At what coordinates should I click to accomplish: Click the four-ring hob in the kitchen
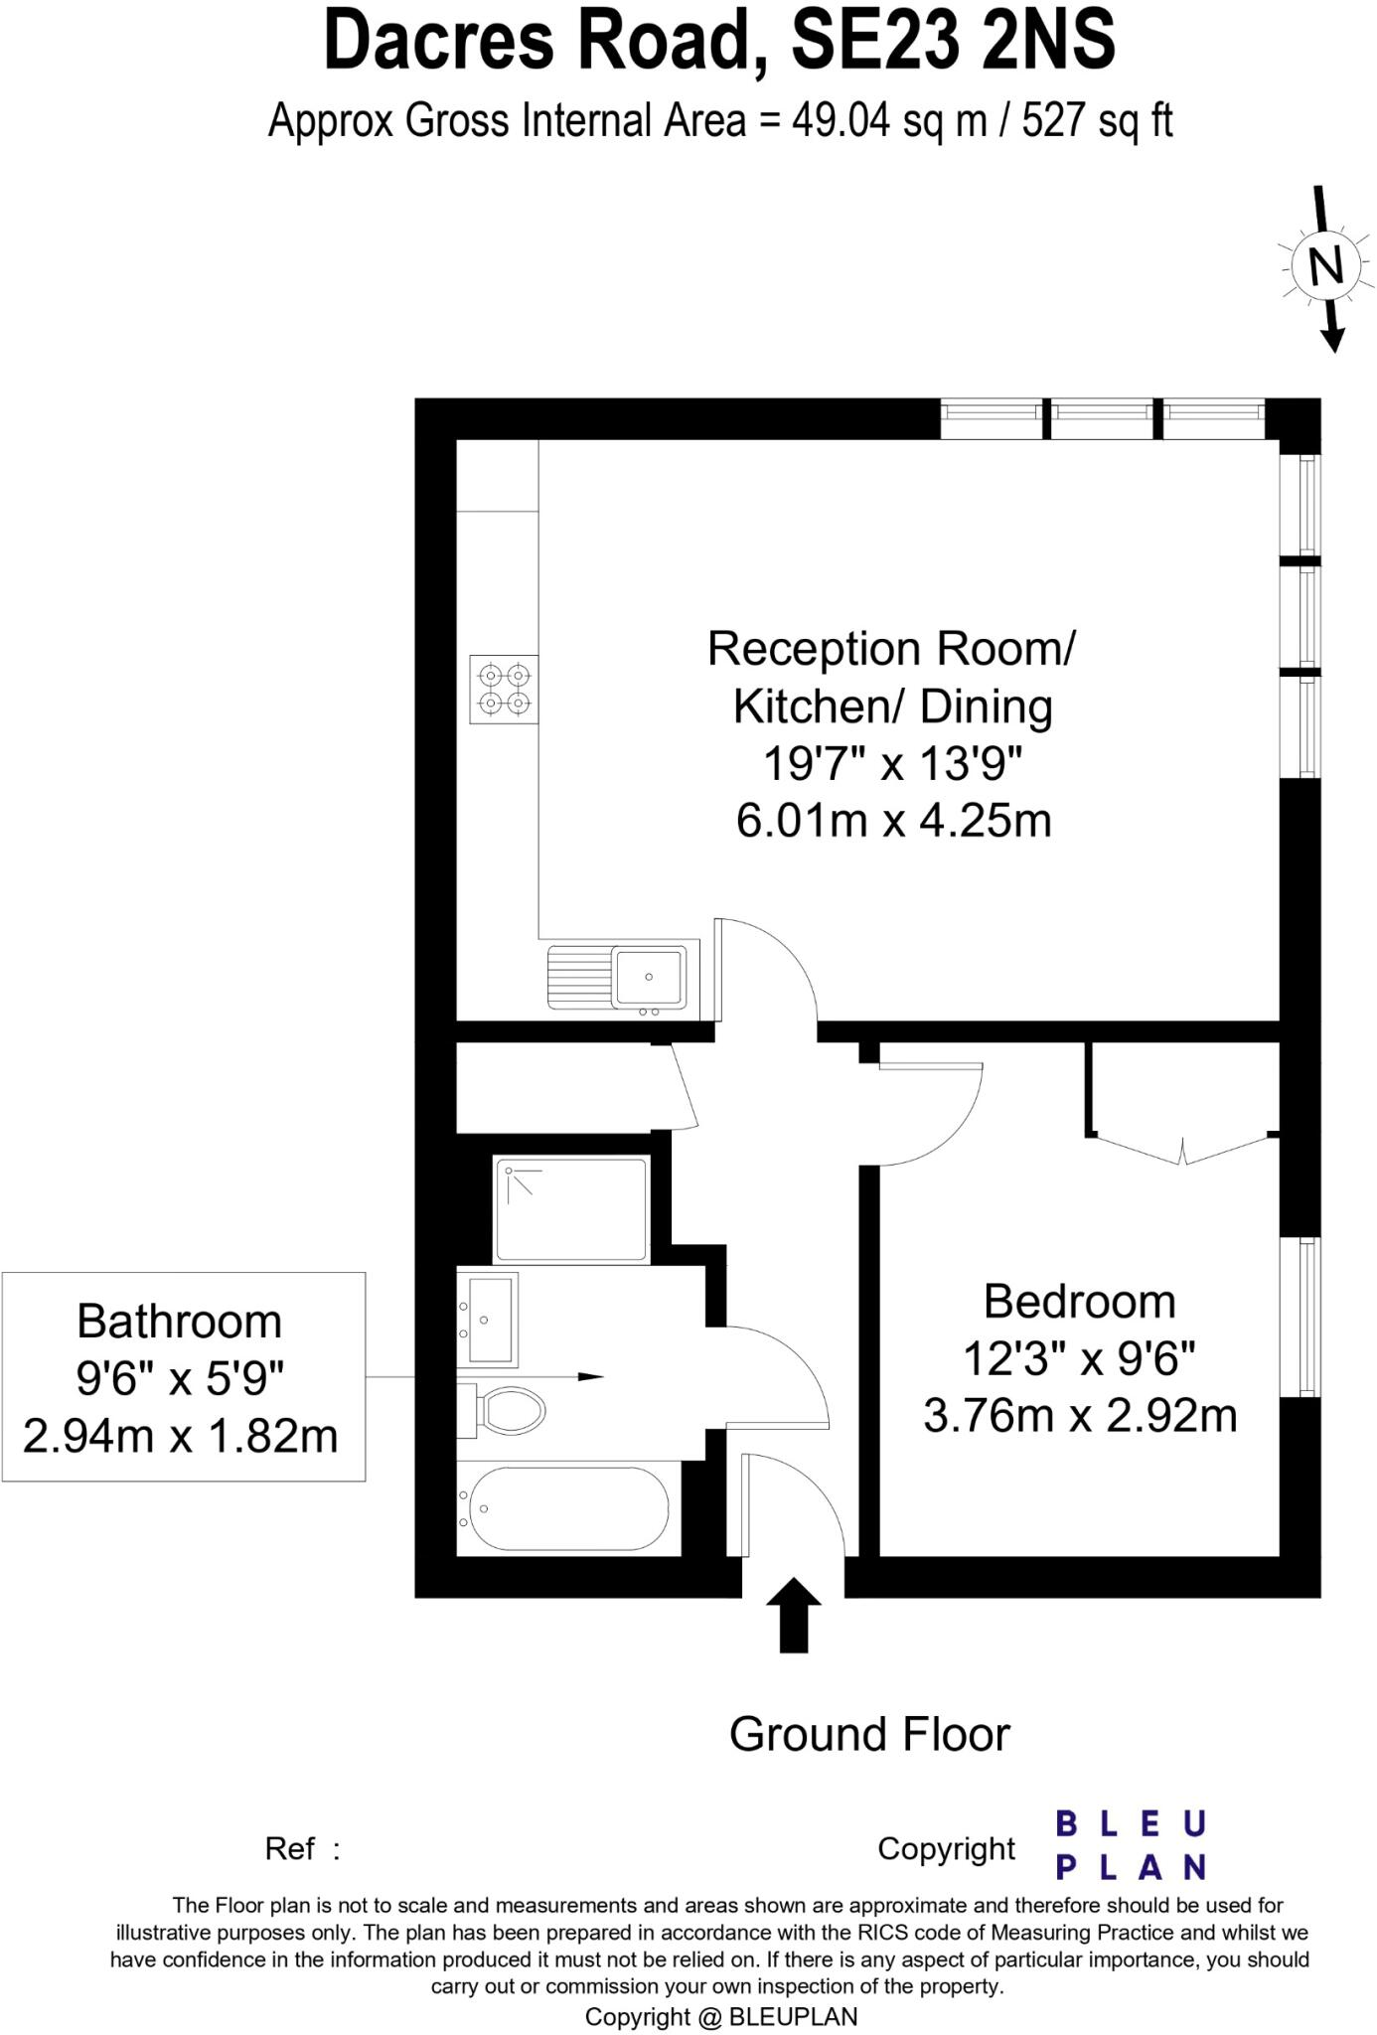(x=504, y=690)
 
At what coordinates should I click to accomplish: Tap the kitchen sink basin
(x=649, y=976)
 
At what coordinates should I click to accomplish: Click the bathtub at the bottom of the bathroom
(x=567, y=1508)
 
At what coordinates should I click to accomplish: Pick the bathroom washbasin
(x=488, y=1320)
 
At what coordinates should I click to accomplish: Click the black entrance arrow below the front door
(x=794, y=1615)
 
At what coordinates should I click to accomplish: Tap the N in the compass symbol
(x=1325, y=266)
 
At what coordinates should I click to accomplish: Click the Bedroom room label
(x=1079, y=1302)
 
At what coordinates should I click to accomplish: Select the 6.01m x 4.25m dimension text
(x=893, y=822)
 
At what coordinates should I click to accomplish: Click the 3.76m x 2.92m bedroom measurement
(x=1080, y=1416)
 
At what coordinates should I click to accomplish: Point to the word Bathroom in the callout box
(x=180, y=1322)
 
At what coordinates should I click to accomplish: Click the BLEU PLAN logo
(x=1131, y=1845)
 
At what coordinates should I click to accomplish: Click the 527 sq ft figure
(x=1097, y=121)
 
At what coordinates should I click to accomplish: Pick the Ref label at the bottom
(x=290, y=1849)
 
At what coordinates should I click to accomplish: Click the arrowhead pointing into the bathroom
(x=591, y=1377)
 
